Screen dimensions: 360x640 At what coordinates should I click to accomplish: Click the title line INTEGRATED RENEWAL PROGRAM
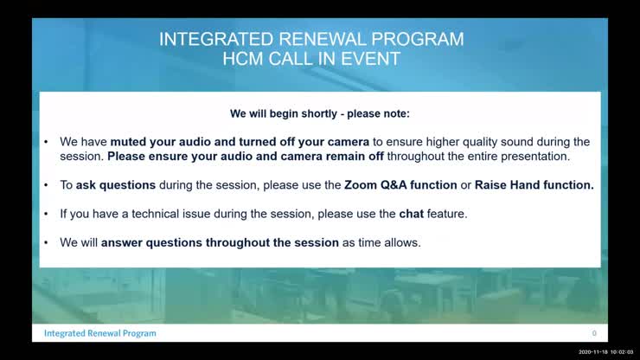(312, 39)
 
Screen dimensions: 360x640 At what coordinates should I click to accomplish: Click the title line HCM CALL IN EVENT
(312, 59)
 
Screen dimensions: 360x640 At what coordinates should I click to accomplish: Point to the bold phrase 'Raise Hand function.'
(534, 185)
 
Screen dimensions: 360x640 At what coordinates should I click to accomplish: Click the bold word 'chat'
(411, 214)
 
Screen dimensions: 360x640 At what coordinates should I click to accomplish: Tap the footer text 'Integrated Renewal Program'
(100, 333)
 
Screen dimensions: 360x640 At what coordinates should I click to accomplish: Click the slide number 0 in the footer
(594, 333)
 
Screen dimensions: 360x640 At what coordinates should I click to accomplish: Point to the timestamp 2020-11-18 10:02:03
(606, 352)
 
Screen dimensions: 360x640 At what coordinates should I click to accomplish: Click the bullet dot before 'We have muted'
(47, 142)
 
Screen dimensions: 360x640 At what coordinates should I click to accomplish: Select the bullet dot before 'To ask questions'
(47, 185)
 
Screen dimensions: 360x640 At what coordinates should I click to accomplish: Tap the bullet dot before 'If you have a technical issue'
(47, 214)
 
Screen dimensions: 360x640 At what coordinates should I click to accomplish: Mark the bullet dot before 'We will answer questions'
(47, 243)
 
